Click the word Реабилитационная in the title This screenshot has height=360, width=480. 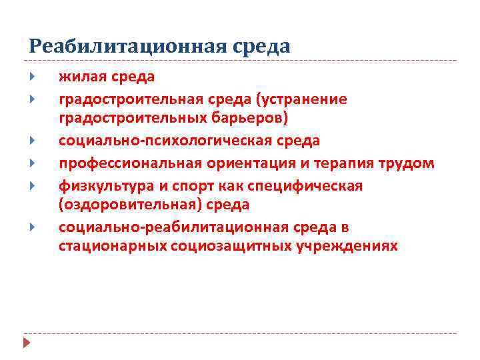129,46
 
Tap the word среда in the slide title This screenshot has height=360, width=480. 263,46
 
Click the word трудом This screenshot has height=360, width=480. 407,163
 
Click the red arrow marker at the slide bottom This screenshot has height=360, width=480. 27,343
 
